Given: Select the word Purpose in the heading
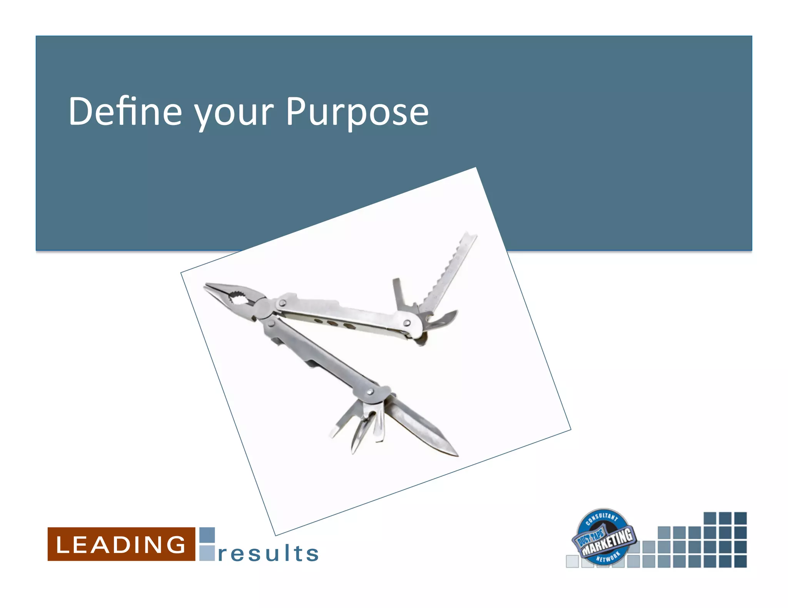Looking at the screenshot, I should click(357, 112).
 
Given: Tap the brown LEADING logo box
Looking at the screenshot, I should click(121, 544).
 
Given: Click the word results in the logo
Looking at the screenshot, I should click(268, 553).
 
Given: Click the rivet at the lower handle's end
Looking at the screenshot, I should click(370, 392).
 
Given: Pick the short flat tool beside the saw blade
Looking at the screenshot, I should click(398, 294).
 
